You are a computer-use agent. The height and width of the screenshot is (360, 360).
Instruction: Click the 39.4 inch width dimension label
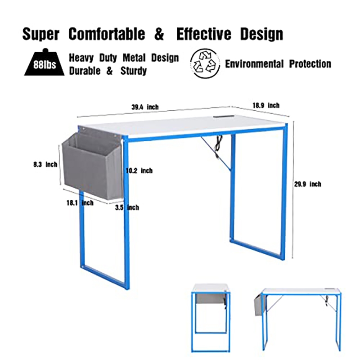click(x=145, y=107)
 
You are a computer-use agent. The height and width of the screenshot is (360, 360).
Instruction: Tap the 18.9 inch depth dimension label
click(x=266, y=105)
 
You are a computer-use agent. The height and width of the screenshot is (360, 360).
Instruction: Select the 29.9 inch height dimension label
click(x=308, y=184)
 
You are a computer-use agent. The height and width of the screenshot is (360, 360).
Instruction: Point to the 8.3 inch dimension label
click(x=45, y=164)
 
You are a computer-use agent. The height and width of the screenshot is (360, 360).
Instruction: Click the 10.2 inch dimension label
click(x=139, y=171)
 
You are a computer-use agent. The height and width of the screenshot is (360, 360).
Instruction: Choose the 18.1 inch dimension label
click(x=80, y=203)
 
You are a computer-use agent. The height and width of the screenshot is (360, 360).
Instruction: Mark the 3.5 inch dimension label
click(x=127, y=207)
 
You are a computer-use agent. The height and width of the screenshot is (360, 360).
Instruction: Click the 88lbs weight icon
click(x=45, y=62)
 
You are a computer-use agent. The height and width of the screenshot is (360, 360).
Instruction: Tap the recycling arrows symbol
click(x=205, y=63)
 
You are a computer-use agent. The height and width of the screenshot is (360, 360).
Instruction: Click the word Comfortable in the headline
click(x=107, y=34)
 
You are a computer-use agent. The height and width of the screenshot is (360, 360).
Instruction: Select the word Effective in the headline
click(x=204, y=34)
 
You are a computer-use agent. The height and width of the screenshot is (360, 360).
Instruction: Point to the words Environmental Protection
click(x=278, y=64)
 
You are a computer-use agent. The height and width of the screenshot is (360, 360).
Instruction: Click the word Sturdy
click(x=134, y=71)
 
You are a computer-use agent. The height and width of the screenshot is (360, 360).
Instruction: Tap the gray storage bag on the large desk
click(x=92, y=164)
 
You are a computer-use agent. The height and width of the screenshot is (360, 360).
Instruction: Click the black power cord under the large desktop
click(x=217, y=147)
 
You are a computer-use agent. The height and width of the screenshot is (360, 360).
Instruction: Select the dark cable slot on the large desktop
click(x=224, y=117)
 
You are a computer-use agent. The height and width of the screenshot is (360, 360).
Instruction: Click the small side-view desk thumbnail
click(x=210, y=318)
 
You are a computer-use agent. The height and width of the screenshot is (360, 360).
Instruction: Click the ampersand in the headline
click(x=159, y=34)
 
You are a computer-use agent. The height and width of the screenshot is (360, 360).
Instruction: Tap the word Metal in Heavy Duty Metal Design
click(x=134, y=58)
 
